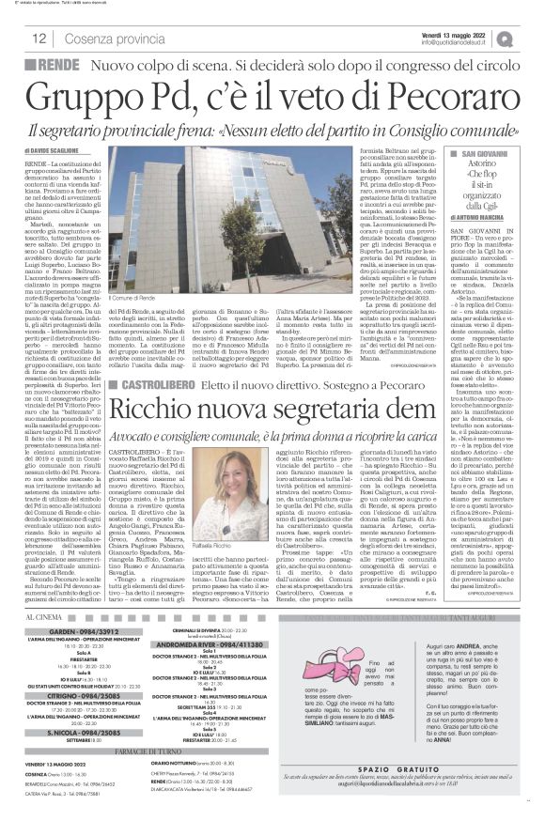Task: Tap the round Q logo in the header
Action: [x=533, y=38]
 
